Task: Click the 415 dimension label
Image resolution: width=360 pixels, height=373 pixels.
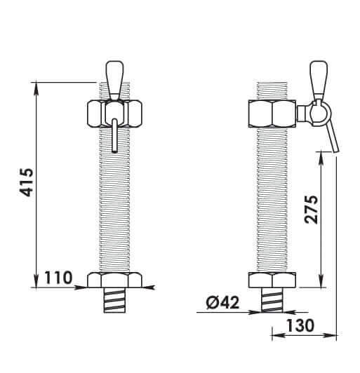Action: (x=25, y=183)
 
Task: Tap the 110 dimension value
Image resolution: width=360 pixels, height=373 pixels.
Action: (x=58, y=278)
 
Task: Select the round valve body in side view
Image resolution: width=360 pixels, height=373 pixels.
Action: (x=315, y=111)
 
